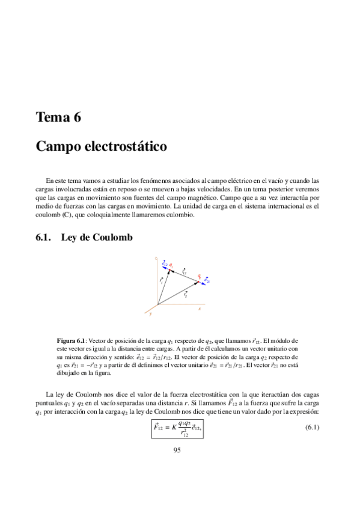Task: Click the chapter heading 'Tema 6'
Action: (x=58, y=117)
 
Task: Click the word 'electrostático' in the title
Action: (x=126, y=146)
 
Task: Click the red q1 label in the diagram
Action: (x=171, y=265)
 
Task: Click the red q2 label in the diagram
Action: (x=199, y=275)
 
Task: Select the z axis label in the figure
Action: (x=156, y=259)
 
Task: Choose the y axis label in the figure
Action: (x=150, y=313)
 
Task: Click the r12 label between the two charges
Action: (x=184, y=272)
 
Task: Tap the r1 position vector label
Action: (x=161, y=281)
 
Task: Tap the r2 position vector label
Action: (x=186, y=295)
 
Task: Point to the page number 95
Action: (x=177, y=450)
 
